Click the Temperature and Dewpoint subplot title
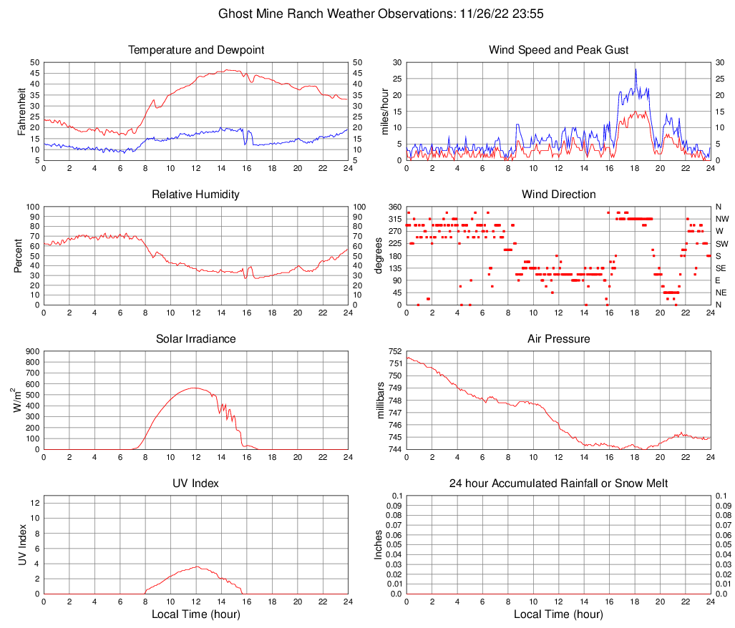(x=196, y=50)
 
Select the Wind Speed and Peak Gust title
(x=558, y=50)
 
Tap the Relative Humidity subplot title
(x=196, y=195)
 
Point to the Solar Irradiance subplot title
(x=196, y=339)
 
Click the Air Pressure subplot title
(x=558, y=339)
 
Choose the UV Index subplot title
(x=196, y=484)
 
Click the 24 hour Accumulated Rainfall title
(x=558, y=484)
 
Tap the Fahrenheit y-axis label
(x=21, y=112)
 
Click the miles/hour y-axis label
(x=384, y=112)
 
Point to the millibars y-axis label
(x=381, y=401)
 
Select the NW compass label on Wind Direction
(x=722, y=219)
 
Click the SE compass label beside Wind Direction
(x=721, y=268)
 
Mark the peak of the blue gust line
(x=635, y=69)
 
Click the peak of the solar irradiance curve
(x=195, y=388)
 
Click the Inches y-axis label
(x=379, y=545)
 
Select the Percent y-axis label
(x=19, y=256)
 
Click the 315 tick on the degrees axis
(x=394, y=219)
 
